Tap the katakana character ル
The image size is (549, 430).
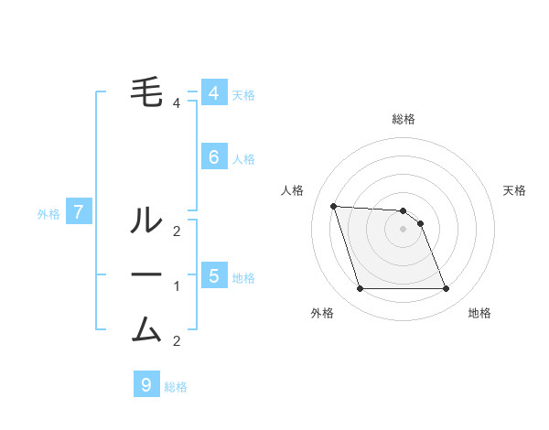pyautogui.click(x=146, y=220)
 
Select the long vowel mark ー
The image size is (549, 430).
pyautogui.click(x=146, y=275)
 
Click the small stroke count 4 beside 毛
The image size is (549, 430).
pyautogui.click(x=177, y=103)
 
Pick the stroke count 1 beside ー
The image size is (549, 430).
pyautogui.click(x=177, y=286)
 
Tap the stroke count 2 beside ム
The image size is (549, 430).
pyautogui.click(x=177, y=341)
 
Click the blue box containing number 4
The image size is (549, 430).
pyautogui.click(x=213, y=93)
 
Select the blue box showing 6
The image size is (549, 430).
pyautogui.click(x=213, y=157)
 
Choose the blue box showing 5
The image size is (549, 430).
pyautogui.click(x=213, y=275)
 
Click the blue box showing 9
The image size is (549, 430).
pyautogui.click(x=145, y=385)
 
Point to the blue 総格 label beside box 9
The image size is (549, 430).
pyautogui.click(x=176, y=387)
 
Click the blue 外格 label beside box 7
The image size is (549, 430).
pyautogui.click(x=48, y=214)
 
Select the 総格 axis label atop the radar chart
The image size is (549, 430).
pyautogui.click(x=404, y=119)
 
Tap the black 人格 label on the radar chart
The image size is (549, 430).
pyautogui.click(x=293, y=190)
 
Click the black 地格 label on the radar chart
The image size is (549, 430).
pyautogui.click(x=479, y=313)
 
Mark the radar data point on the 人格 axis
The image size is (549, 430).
pyautogui.click(x=333, y=206)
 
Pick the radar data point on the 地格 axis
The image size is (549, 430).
pyautogui.click(x=446, y=289)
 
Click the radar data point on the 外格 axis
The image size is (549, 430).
pyautogui.click(x=360, y=289)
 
